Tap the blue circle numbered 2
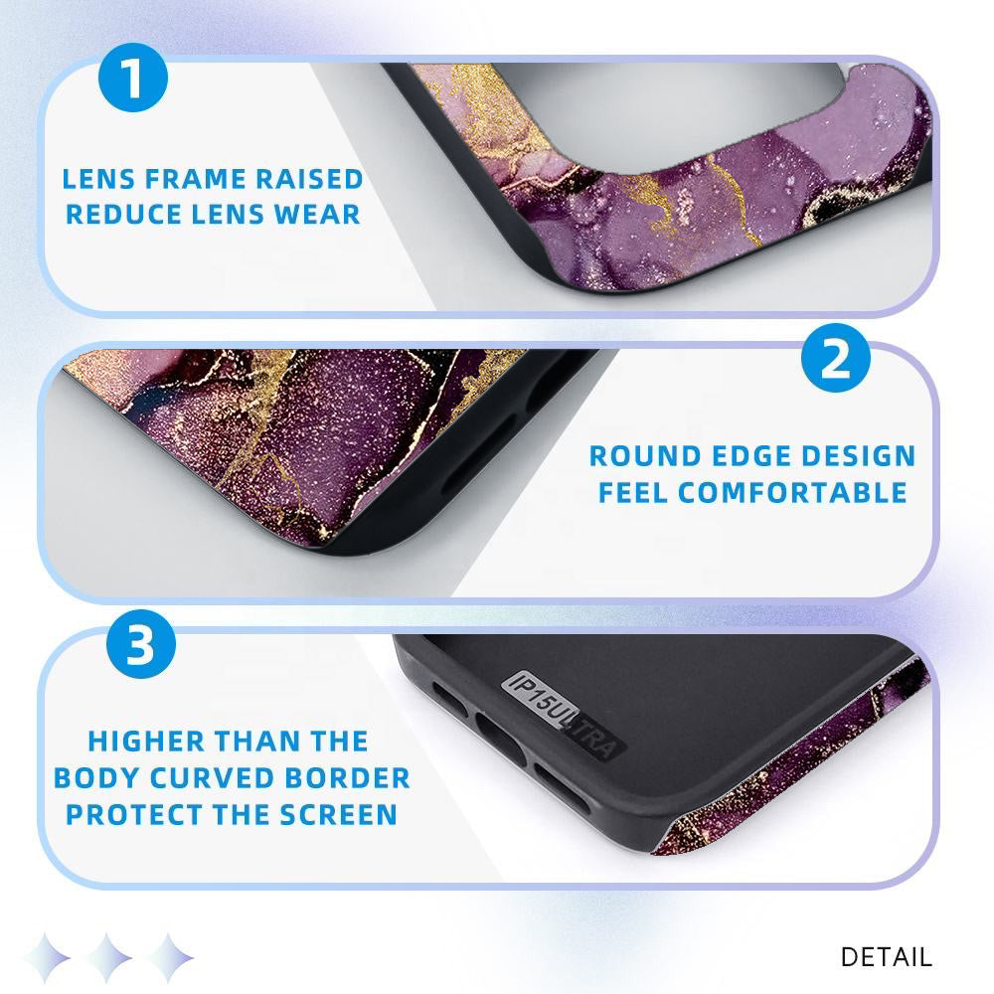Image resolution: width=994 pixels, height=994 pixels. pos(836,358)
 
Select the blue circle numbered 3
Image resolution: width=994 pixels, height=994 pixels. pos(141,644)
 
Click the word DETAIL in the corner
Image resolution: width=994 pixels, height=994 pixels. pos(887,956)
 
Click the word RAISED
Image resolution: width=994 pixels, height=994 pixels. pos(309,179)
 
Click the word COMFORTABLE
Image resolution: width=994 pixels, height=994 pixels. pos(793,493)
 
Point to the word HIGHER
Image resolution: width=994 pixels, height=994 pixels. pos(146,742)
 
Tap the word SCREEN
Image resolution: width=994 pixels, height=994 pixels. pos(339,815)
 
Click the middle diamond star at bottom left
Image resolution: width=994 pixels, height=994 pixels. pos(108,957)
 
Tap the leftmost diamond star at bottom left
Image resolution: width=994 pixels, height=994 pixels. pos(48,957)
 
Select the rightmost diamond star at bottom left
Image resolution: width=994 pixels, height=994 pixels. pos(169,957)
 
